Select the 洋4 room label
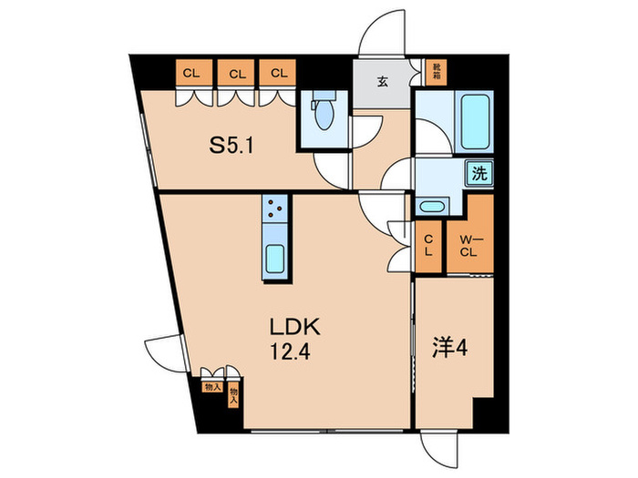click(x=445, y=347)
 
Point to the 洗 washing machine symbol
click(x=478, y=173)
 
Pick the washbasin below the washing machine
click(x=431, y=205)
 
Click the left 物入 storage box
click(x=209, y=385)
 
